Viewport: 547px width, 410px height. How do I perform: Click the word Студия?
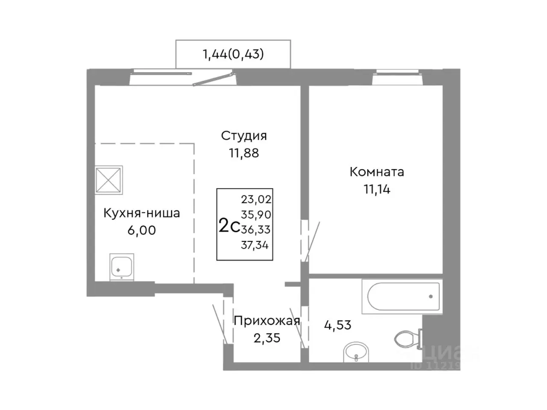(244, 136)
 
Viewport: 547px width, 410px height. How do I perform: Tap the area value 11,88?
(244, 153)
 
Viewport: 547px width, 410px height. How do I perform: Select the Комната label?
(377, 172)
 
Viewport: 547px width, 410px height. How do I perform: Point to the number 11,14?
(377, 189)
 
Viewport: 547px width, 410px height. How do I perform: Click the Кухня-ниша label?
(141, 213)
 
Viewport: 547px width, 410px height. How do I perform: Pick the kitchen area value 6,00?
(141, 231)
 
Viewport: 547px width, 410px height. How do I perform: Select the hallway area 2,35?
(267, 338)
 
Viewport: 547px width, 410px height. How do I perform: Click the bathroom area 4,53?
(338, 325)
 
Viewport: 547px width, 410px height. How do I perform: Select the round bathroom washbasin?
(355, 352)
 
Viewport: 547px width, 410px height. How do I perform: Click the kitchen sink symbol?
(122, 267)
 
